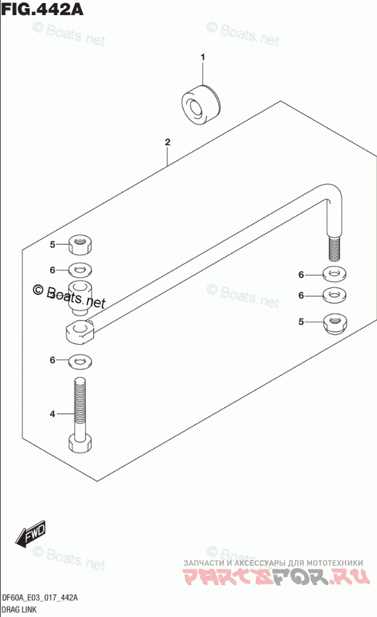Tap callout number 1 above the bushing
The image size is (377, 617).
click(x=202, y=58)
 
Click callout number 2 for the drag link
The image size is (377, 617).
click(x=168, y=143)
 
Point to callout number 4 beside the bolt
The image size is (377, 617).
click(x=53, y=413)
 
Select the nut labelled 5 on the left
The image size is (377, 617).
click(x=79, y=244)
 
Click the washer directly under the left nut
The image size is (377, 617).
click(x=80, y=270)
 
